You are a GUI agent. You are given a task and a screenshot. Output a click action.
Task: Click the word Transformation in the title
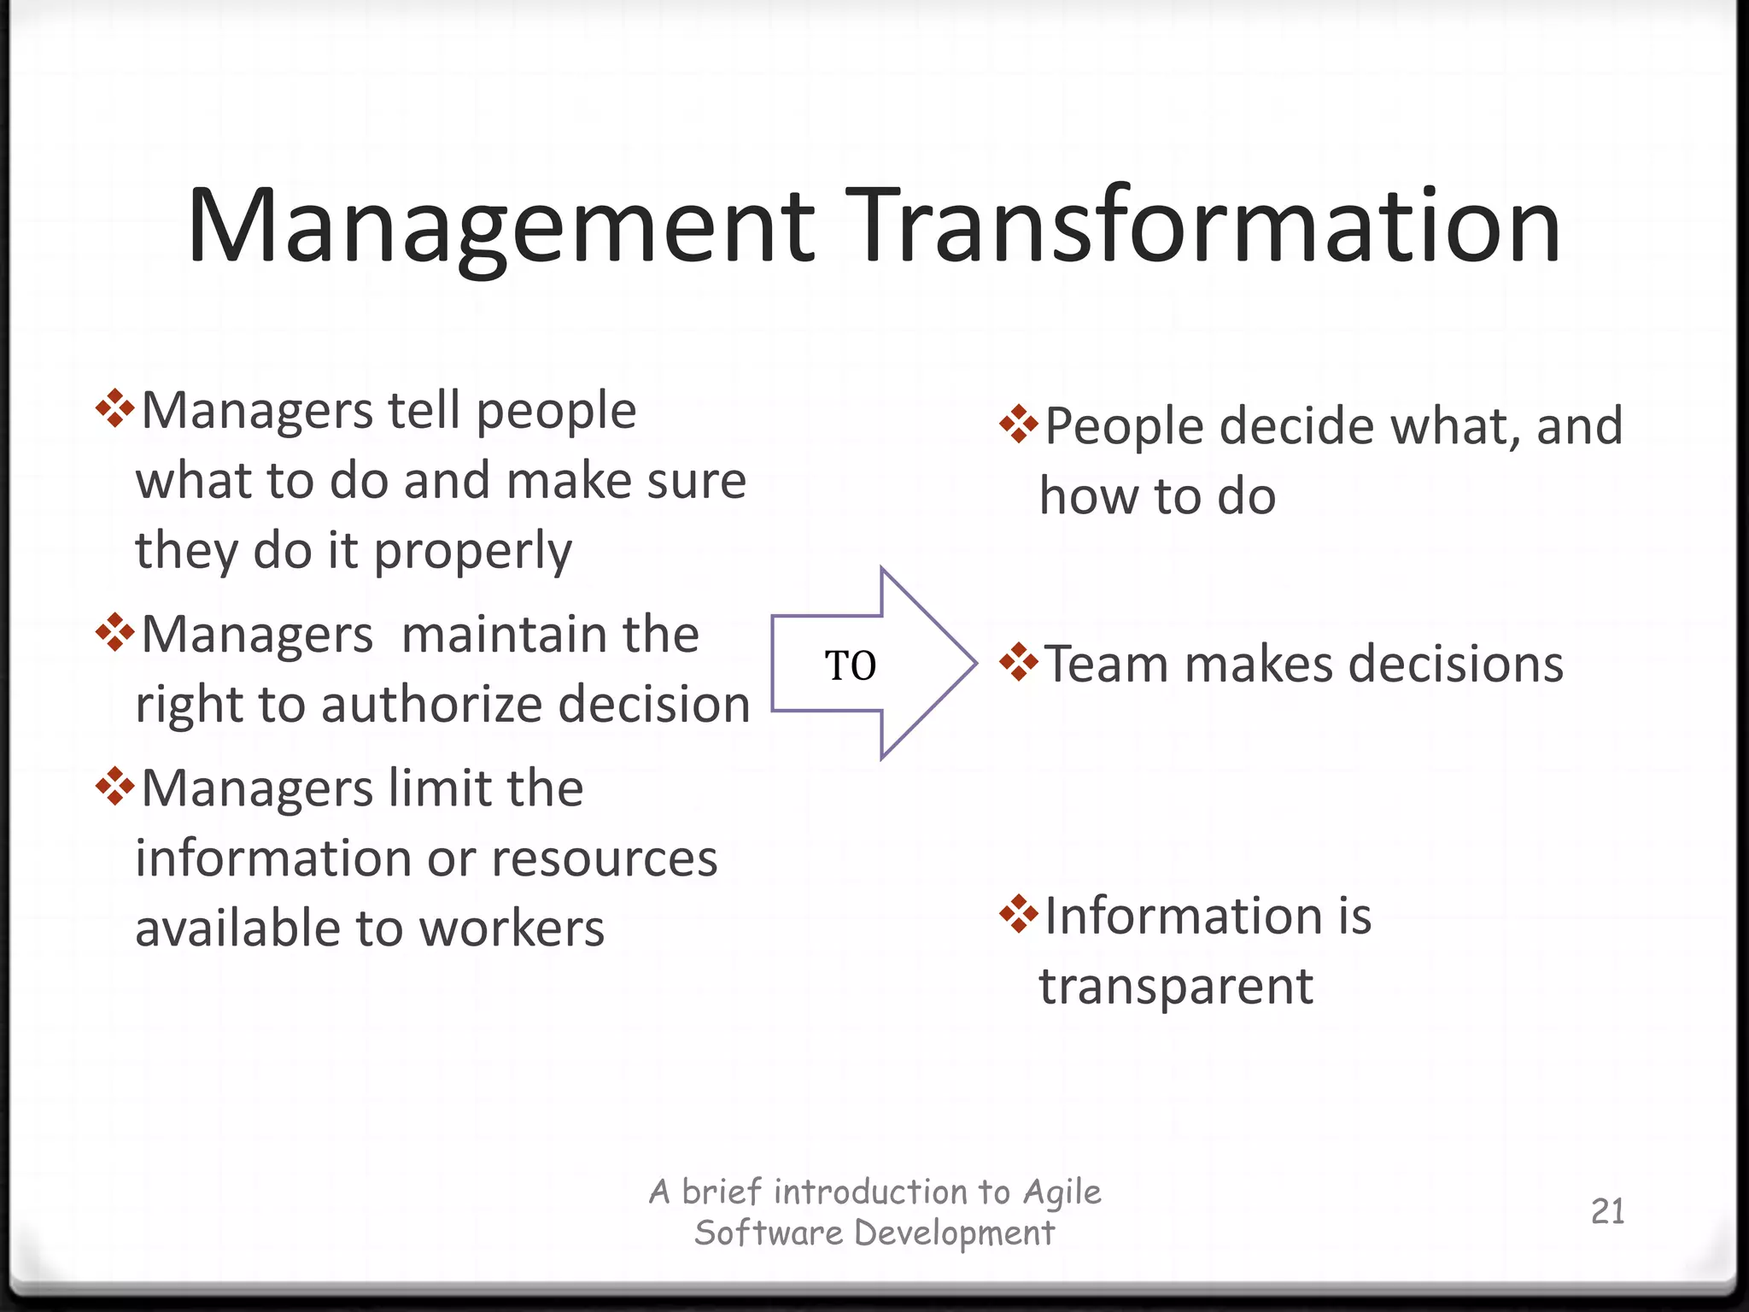click(x=1207, y=227)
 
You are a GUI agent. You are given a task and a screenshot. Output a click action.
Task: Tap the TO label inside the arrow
click(x=851, y=665)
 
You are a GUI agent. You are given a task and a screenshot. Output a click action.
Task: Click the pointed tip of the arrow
click(x=974, y=662)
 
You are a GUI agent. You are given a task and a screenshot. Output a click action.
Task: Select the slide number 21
click(x=1607, y=1211)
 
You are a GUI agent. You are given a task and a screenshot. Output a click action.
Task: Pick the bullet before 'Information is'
click(x=1019, y=913)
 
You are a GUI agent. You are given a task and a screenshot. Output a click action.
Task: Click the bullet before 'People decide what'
click(x=1019, y=424)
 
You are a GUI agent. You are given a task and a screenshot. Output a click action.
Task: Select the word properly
click(x=473, y=552)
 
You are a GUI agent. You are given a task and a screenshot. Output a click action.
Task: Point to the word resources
click(x=604, y=858)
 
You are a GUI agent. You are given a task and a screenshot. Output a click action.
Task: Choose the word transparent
click(x=1176, y=987)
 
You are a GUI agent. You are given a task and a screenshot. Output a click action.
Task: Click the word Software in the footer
click(x=769, y=1233)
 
